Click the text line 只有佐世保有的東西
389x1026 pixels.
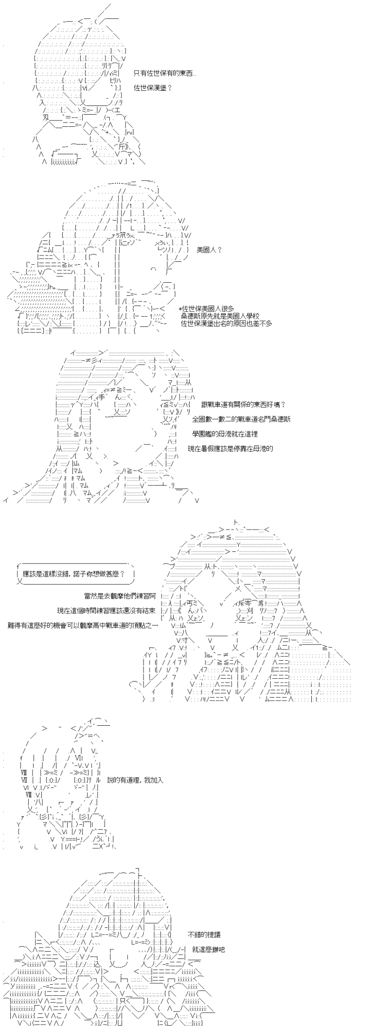click(x=165, y=73)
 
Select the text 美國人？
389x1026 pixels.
click(x=209, y=250)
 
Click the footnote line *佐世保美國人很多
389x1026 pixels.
click(x=207, y=308)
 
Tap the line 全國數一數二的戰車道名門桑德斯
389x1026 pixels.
click(x=241, y=419)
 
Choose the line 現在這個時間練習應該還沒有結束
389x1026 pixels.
click(x=106, y=610)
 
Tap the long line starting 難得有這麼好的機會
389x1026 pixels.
click(x=83, y=625)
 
